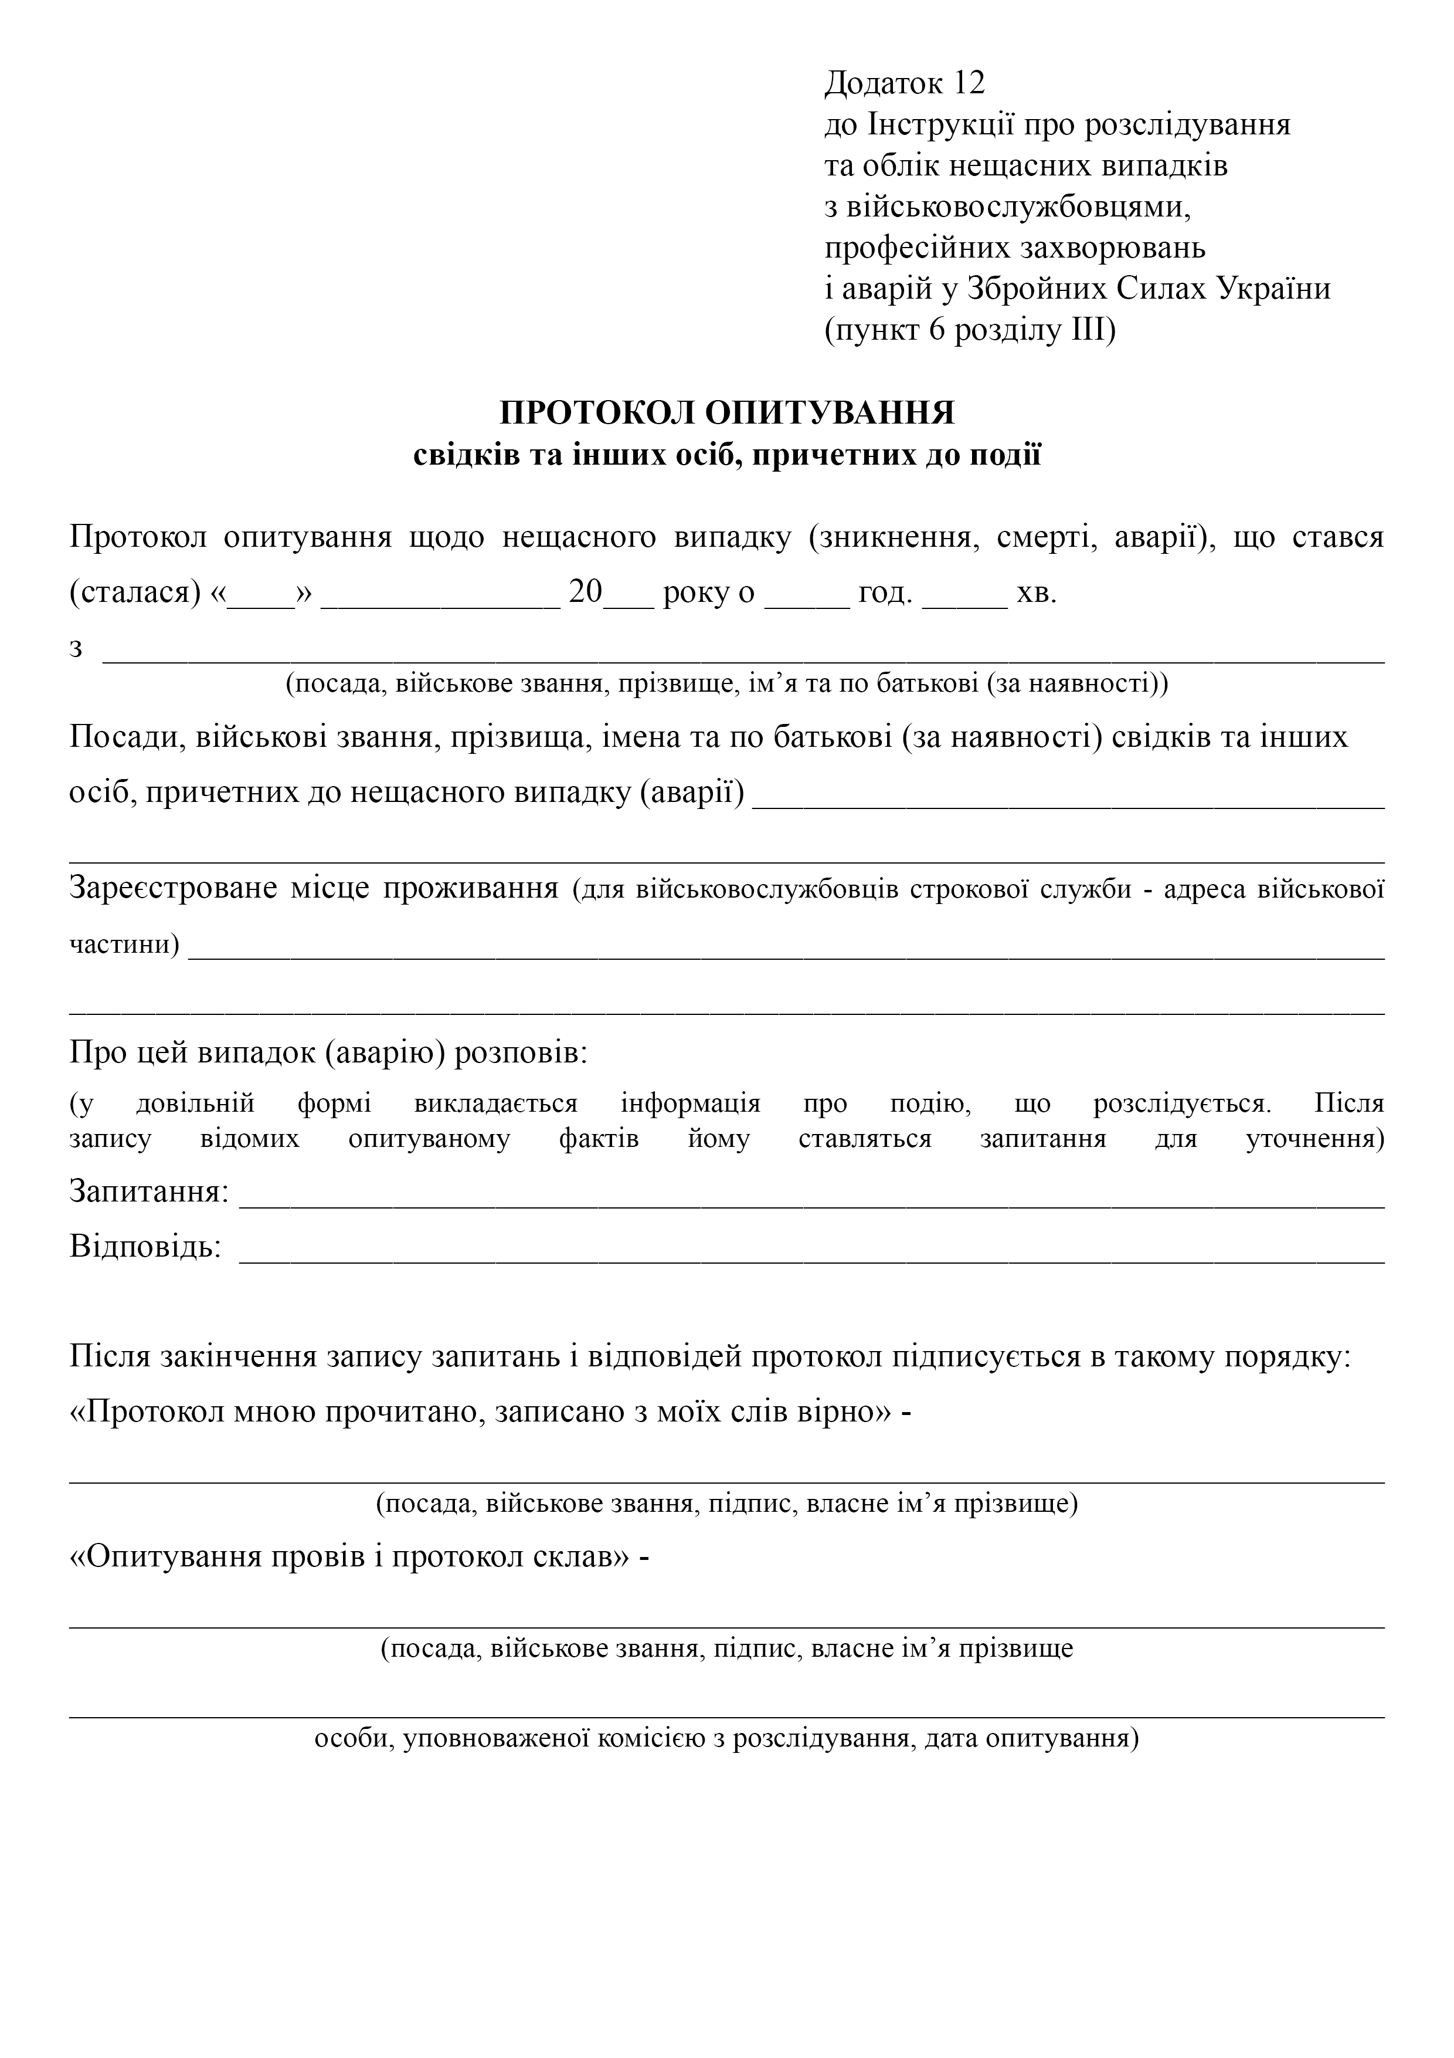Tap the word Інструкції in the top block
point(940,124)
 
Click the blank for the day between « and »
point(261,595)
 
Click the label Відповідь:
point(145,1247)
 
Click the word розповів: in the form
point(521,1052)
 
